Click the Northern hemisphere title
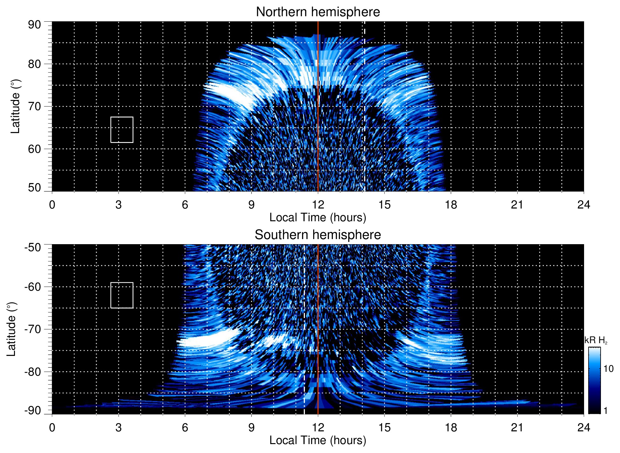point(318,12)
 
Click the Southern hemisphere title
point(318,235)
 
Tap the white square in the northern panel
point(122,130)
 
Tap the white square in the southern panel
point(122,295)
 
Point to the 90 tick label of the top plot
point(34,25)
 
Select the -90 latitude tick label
point(33,410)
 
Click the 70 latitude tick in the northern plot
point(34,106)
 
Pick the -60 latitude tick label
point(33,287)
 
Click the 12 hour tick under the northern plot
point(318,205)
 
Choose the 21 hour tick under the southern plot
point(517,428)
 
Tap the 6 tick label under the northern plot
point(185,205)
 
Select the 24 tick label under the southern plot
point(583,428)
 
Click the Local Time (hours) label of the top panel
point(318,217)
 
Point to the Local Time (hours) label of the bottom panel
point(318,440)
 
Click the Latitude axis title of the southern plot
point(11,329)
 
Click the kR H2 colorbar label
point(596,340)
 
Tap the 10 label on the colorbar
point(608,369)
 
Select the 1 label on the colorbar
point(605,411)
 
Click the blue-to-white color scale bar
point(594,380)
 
